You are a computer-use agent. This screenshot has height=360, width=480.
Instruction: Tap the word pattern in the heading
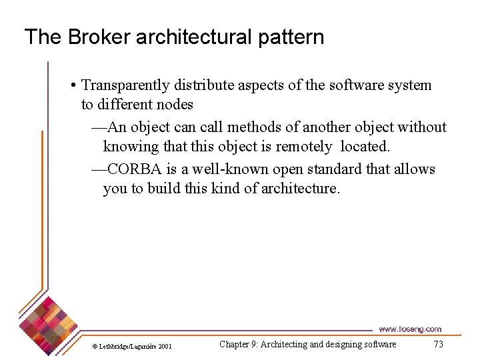pyautogui.click(x=293, y=37)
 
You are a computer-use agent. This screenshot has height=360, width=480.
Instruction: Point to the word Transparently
pyautogui.click(x=125, y=85)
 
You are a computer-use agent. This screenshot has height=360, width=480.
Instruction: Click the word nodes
pyautogui.click(x=173, y=105)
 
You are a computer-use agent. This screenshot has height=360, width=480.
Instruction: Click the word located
pyautogui.click(x=364, y=147)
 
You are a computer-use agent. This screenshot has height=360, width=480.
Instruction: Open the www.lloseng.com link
pyautogui.click(x=409, y=329)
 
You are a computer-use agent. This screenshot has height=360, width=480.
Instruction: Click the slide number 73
pyautogui.click(x=438, y=344)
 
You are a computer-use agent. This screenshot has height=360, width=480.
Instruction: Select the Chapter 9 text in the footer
pyautogui.click(x=307, y=344)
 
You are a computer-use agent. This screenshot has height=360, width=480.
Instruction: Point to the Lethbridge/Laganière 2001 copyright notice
pyautogui.click(x=132, y=346)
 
